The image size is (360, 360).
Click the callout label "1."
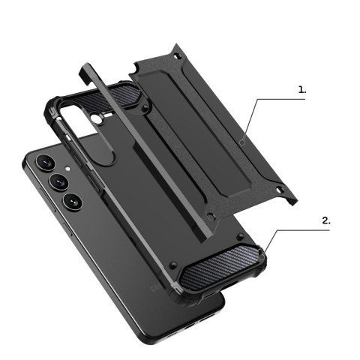tap(302, 90)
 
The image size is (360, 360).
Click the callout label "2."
tap(326, 220)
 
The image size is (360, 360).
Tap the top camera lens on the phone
tap(43, 161)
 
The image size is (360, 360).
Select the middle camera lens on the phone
tap(58, 181)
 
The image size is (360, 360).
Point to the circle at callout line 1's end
tap(241, 141)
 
